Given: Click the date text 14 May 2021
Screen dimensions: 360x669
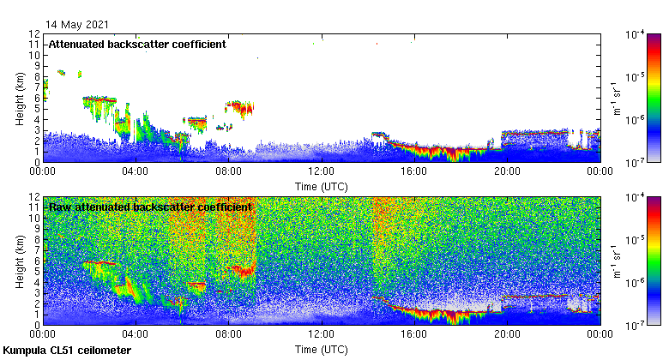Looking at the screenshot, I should click(78, 24).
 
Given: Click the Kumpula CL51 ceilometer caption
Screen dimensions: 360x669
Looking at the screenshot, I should click(67, 351).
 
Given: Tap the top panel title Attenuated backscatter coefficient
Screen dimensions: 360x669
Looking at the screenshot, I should click(136, 44).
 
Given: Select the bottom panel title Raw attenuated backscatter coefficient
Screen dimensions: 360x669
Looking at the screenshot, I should click(150, 207).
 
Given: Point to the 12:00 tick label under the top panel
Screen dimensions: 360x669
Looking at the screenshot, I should click(321, 171).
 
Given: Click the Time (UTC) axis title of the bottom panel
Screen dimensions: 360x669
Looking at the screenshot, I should click(321, 349).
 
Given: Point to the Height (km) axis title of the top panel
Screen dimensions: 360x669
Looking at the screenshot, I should click(20, 97).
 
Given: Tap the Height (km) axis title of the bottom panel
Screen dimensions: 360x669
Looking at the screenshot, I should click(20, 261).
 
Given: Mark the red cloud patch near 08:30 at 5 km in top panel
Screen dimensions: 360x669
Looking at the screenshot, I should click(238, 107).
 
